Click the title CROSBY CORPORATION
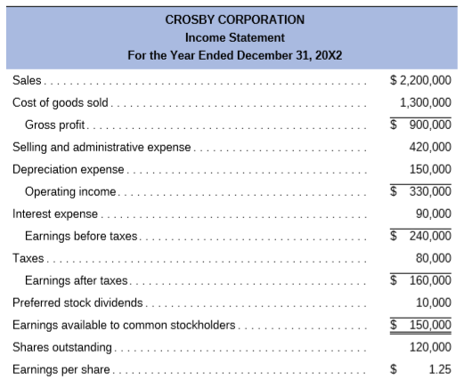click(234, 19)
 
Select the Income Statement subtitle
click(234, 37)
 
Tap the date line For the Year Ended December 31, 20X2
click(234, 56)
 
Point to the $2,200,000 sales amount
click(420, 80)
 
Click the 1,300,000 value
click(426, 102)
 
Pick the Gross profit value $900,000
click(422, 125)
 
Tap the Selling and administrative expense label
click(102, 147)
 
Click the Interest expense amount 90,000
click(433, 214)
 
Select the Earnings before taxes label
click(82, 236)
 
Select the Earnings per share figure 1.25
click(436, 368)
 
